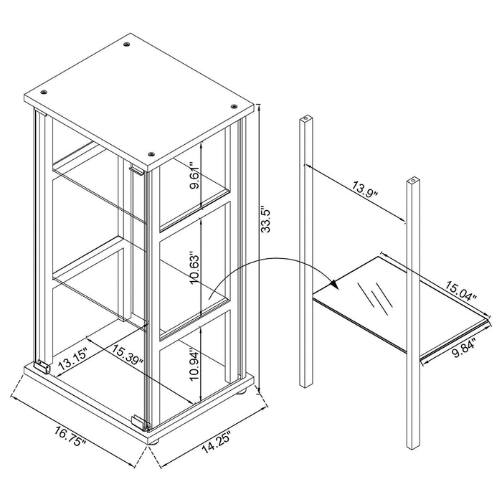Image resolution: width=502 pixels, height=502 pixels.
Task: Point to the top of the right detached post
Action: (413, 179)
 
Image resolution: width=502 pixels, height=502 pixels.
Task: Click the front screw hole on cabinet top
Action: (151, 153)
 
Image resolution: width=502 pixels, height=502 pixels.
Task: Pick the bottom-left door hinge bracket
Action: (42, 366)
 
